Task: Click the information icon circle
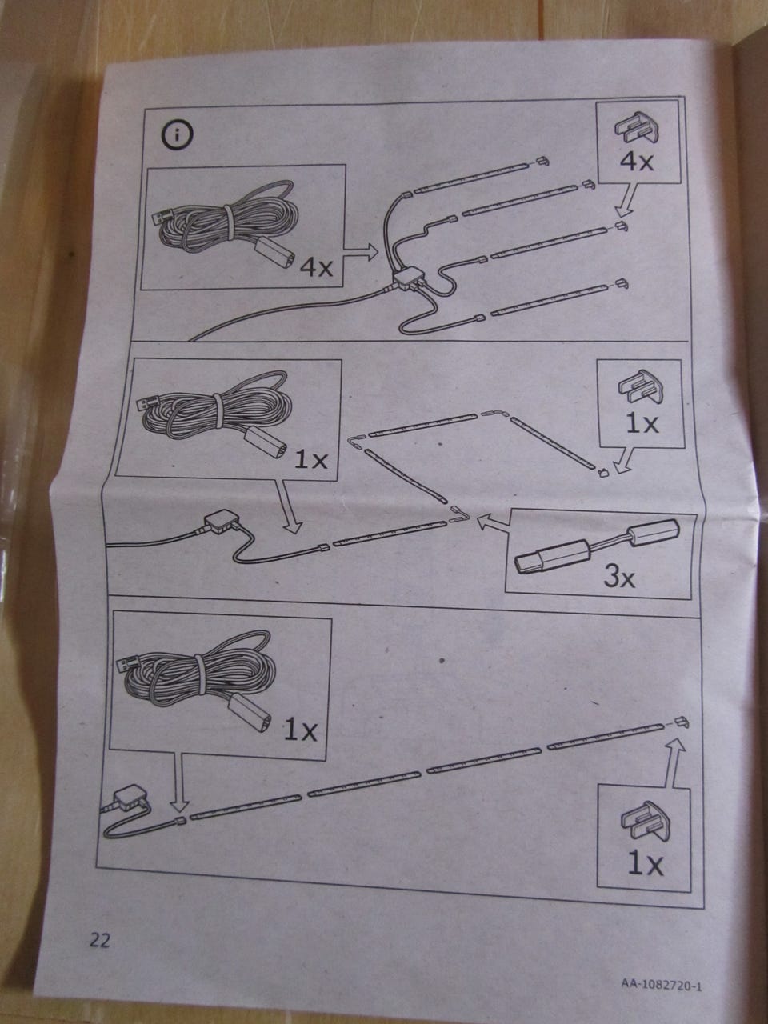[x=177, y=135]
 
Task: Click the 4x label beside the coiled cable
[x=315, y=267]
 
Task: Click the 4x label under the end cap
[x=637, y=161]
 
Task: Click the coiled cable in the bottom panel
[x=198, y=672]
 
